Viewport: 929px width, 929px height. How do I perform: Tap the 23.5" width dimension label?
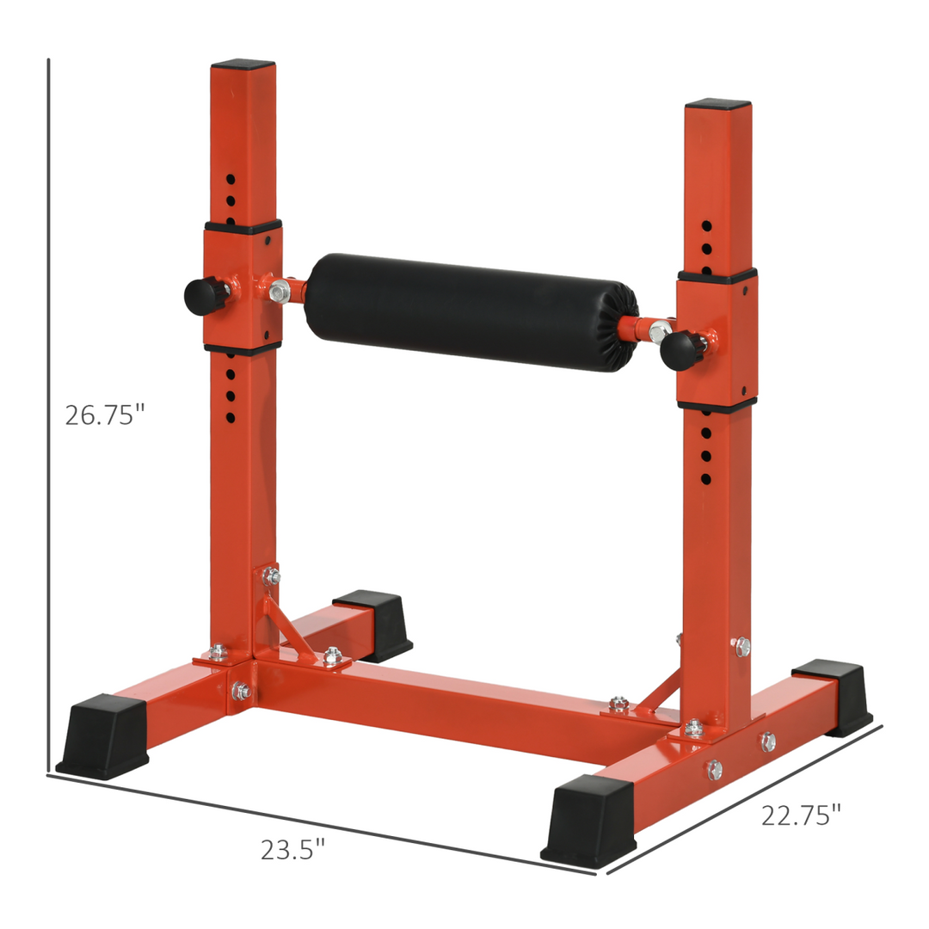[x=292, y=850]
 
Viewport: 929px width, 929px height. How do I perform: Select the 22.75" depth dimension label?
[x=801, y=815]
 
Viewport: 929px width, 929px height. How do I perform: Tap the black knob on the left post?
[x=203, y=295]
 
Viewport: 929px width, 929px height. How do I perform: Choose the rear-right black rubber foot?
[x=831, y=694]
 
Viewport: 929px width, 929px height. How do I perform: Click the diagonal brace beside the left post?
[x=287, y=628]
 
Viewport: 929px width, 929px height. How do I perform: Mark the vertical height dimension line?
[x=48, y=413]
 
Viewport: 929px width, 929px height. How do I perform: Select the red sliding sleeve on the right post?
[x=717, y=340]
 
